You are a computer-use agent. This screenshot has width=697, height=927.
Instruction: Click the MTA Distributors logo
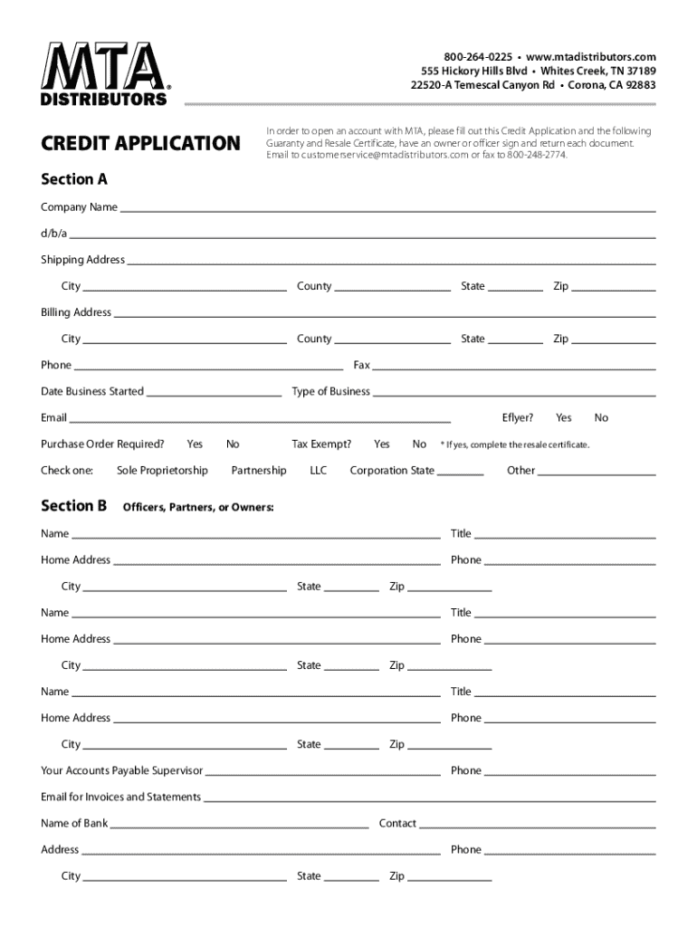pos(104,73)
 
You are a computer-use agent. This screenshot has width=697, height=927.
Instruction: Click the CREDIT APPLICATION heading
pos(140,143)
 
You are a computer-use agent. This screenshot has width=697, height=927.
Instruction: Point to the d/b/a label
pos(53,234)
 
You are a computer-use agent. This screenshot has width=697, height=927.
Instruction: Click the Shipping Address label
pos(82,260)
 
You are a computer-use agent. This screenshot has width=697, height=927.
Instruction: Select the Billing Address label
pos(76,312)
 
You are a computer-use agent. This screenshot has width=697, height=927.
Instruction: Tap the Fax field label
pos(361,365)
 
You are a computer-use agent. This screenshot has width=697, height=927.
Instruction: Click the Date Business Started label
pos(91,391)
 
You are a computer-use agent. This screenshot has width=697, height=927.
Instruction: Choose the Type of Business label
pos(330,391)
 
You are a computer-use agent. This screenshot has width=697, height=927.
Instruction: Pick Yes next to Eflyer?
pos(564,417)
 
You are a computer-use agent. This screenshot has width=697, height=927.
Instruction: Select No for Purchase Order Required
pos(233,444)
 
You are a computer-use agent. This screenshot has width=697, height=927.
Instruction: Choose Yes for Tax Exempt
pos(382,444)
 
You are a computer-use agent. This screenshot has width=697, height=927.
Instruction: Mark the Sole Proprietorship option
pos(162,470)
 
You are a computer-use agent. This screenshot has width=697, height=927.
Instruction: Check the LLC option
pos(319,470)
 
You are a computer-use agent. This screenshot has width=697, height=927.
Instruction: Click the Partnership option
pos(259,470)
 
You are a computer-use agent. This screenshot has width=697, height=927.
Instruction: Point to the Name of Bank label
pos(74,823)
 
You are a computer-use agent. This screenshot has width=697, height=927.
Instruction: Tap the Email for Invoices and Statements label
pos(120,797)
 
